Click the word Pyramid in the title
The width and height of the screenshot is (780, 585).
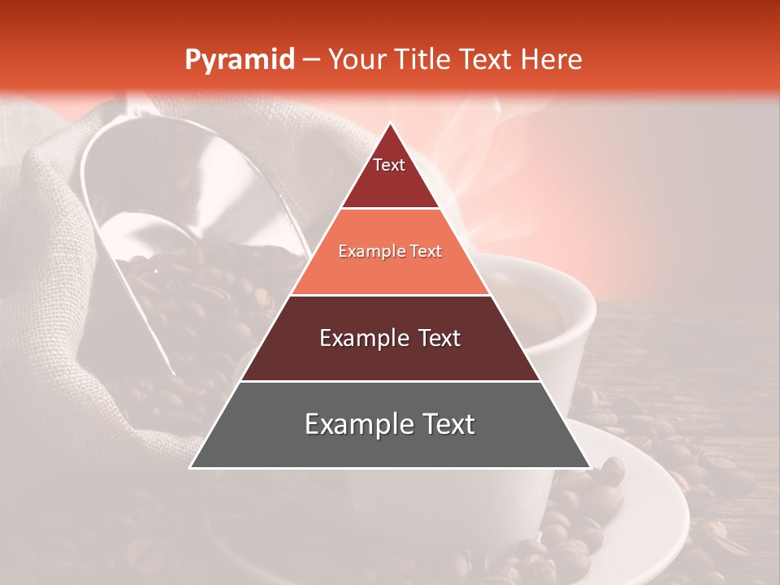tap(240, 60)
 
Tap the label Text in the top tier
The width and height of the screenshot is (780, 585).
tap(389, 165)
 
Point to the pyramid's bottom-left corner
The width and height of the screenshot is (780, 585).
tap(191, 467)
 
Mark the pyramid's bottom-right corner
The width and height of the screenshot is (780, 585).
tap(589, 467)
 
